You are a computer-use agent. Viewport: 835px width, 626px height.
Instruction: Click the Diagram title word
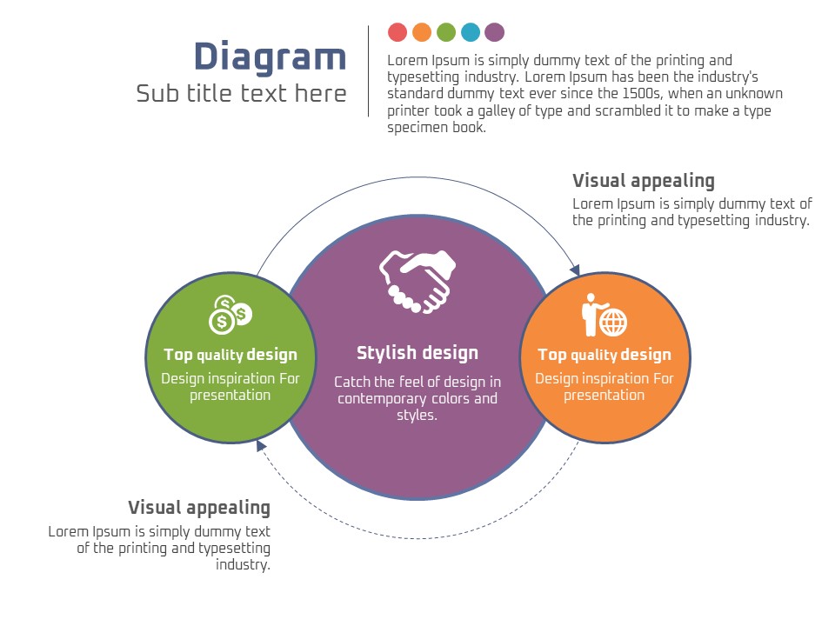click(x=270, y=57)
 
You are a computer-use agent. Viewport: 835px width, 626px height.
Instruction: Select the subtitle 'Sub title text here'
click(x=241, y=93)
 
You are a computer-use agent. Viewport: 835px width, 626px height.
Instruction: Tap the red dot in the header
click(x=397, y=33)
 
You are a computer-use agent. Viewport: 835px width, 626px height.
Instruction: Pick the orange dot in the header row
click(x=422, y=33)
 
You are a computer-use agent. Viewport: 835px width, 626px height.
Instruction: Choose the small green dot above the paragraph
click(x=446, y=33)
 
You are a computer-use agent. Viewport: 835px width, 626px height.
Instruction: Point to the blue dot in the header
click(x=471, y=33)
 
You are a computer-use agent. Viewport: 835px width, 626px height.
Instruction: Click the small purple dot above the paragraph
click(x=495, y=33)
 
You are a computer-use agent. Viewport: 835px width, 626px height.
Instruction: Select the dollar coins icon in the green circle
click(x=230, y=315)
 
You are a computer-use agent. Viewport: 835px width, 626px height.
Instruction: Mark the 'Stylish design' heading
click(x=417, y=353)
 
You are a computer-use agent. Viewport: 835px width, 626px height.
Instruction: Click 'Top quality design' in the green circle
click(x=230, y=355)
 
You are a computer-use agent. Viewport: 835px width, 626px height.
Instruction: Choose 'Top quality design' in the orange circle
click(x=605, y=355)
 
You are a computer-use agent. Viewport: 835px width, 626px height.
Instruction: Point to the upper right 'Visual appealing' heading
click(x=644, y=181)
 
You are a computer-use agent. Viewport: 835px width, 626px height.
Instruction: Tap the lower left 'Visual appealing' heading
click(x=199, y=508)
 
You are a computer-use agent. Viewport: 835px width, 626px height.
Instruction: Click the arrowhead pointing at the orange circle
click(x=575, y=270)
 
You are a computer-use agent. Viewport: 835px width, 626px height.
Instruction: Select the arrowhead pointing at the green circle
click(x=260, y=445)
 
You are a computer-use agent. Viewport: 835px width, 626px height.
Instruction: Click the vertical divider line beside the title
click(x=369, y=71)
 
